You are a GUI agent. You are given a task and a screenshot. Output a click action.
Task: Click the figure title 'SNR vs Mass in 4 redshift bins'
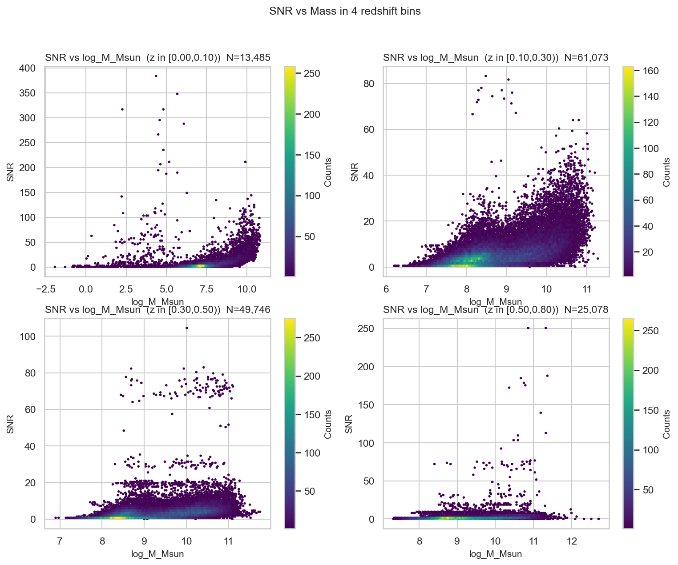click(x=345, y=12)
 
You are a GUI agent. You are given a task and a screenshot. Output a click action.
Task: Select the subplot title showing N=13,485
click(x=157, y=57)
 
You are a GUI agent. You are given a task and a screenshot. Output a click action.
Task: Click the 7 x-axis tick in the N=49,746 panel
click(x=60, y=541)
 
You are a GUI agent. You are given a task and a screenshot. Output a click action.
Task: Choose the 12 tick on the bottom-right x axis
click(x=572, y=541)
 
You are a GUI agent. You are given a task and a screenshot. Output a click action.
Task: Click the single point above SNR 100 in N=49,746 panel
click(x=186, y=328)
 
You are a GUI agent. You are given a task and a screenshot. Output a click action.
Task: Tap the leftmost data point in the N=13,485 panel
click(x=55, y=267)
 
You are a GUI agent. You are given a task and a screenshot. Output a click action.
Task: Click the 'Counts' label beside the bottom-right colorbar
click(x=666, y=424)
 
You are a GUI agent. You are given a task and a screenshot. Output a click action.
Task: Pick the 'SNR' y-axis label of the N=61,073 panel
click(x=354, y=172)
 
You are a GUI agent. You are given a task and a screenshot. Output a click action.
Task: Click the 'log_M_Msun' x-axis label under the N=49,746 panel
click(x=157, y=554)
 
